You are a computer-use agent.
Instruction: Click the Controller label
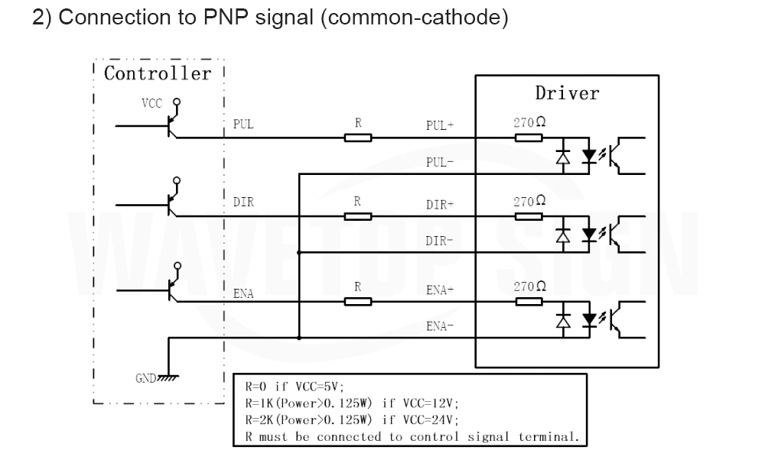pos(158,73)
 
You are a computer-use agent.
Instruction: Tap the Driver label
pos(567,92)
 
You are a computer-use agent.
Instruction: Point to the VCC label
pos(151,103)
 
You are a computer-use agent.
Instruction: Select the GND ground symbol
pos(168,377)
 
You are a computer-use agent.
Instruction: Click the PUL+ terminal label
pos(440,126)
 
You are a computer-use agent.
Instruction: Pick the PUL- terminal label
pos(440,162)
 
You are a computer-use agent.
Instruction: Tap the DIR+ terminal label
pos(440,205)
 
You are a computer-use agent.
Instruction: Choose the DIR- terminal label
pos(439,241)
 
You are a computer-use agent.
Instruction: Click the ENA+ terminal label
pos(440,290)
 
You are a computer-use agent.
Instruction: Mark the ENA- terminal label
pos(440,326)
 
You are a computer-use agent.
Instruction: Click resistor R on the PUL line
pos(357,138)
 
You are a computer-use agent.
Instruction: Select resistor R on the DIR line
pos(357,216)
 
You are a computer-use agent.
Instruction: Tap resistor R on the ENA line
pos(357,302)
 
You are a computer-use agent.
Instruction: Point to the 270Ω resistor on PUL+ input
pos(529,138)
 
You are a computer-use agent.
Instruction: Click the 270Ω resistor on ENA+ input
pos(529,302)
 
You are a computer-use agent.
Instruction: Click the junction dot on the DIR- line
pos(299,252)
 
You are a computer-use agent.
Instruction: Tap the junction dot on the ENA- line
pos(299,337)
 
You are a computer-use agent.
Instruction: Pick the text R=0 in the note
pos(256,387)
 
